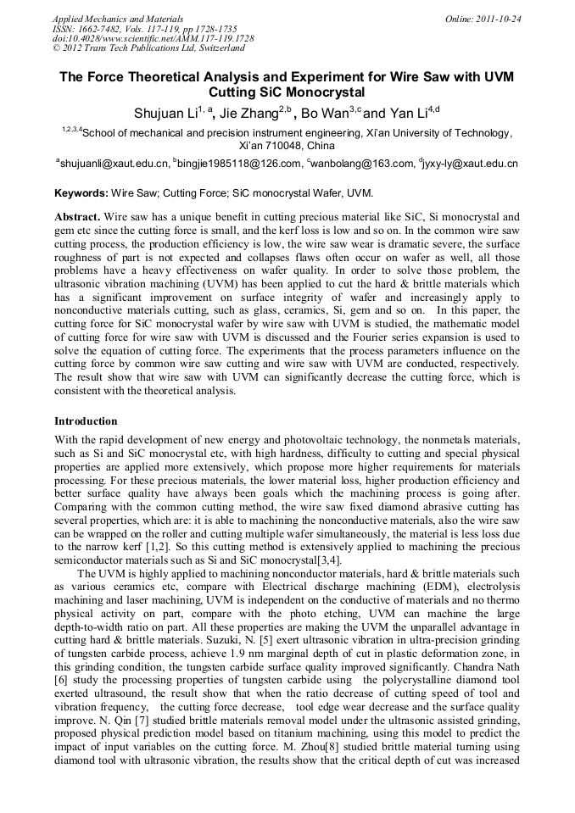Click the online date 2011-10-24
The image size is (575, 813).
[x=498, y=19]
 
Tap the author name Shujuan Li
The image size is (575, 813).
[x=165, y=114]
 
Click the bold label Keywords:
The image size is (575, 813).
[x=83, y=193]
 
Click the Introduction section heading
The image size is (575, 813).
[x=86, y=421]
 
